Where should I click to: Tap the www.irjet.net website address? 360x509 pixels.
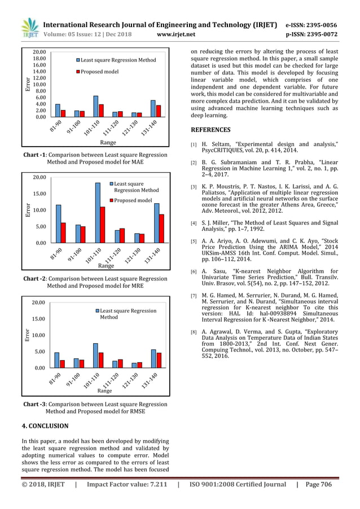(x=177, y=34)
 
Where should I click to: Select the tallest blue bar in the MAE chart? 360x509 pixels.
(x=96, y=106)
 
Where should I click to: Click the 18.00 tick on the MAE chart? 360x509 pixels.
(x=39, y=58)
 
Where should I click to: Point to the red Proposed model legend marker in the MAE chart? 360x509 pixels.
(x=78, y=72)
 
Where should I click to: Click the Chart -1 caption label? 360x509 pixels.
(x=37, y=155)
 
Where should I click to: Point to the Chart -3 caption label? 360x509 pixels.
(x=37, y=404)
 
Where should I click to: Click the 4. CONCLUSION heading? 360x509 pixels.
(x=45, y=426)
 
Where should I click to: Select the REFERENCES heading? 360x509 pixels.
(x=213, y=130)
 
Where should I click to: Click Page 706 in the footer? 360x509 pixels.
(x=318, y=484)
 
